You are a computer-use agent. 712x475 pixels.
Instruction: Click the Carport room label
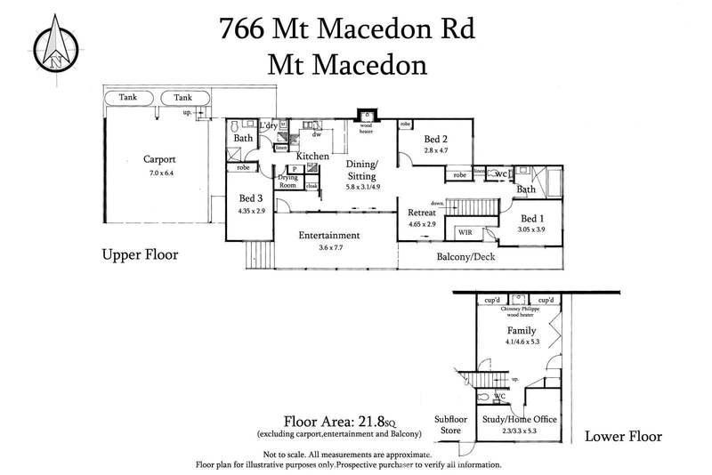pyautogui.click(x=160, y=160)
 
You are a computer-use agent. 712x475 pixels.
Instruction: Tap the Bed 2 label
pyautogui.click(x=434, y=140)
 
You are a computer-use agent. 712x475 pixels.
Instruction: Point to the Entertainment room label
pyautogui.click(x=328, y=235)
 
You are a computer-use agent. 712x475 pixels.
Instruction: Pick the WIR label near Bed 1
pyautogui.click(x=465, y=232)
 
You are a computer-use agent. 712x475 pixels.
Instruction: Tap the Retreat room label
pyautogui.click(x=422, y=213)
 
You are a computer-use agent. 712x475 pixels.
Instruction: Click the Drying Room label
pyautogui.click(x=287, y=182)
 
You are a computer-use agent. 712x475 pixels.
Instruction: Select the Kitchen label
pyautogui.click(x=312, y=156)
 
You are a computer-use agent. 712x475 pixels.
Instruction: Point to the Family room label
pyautogui.click(x=522, y=330)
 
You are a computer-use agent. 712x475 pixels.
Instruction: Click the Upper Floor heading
pyautogui.click(x=139, y=254)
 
